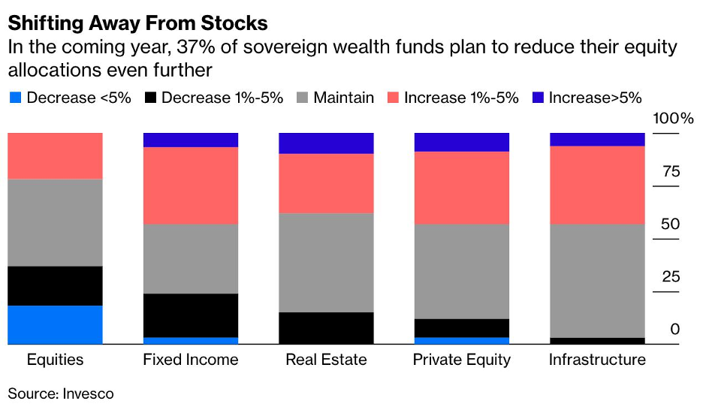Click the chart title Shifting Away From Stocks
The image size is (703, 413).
tap(137, 23)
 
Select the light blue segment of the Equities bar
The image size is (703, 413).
tap(55, 324)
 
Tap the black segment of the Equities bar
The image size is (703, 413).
tap(55, 285)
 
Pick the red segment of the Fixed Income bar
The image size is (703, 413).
tap(191, 185)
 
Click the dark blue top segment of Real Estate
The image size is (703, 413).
tap(326, 143)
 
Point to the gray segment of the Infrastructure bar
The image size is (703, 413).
tap(597, 280)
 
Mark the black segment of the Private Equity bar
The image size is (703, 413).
tap(462, 327)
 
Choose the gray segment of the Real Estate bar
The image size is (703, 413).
tap(326, 262)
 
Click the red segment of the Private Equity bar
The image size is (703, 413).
tap(462, 188)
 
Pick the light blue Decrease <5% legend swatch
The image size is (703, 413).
tap(16, 98)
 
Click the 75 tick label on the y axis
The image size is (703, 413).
tap(670, 171)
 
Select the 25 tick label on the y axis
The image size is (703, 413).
tap(670, 277)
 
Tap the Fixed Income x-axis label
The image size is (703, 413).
tap(191, 360)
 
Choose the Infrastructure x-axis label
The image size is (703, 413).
tap(597, 360)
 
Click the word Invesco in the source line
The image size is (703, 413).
tap(87, 393)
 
